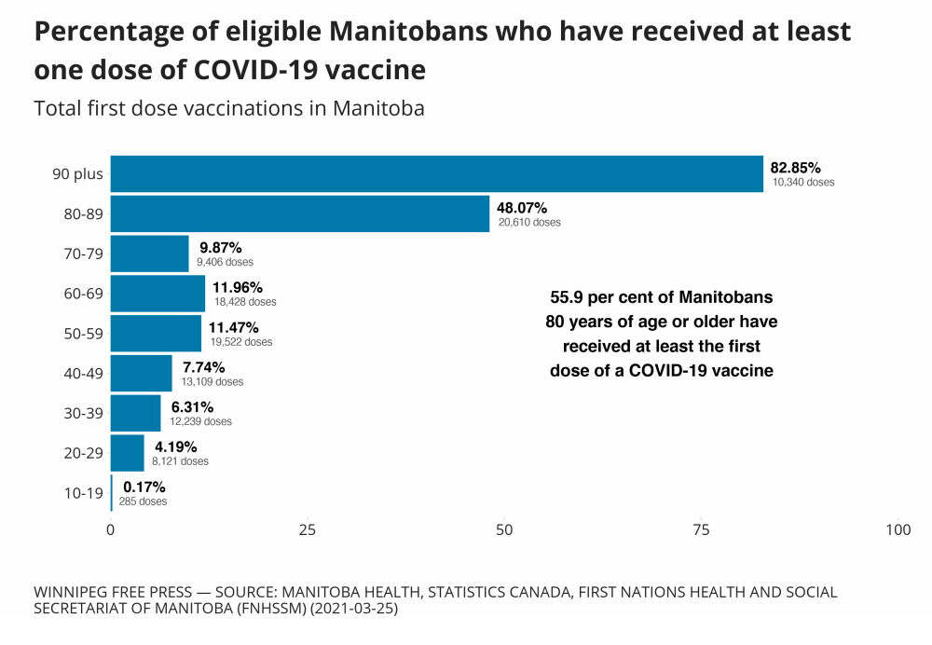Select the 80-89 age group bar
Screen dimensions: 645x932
(299, 214)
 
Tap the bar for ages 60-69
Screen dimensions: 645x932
(158, 294)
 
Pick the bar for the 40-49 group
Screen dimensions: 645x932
(141, 374)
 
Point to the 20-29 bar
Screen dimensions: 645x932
(128, 453)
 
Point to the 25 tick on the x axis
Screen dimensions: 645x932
(308, 530)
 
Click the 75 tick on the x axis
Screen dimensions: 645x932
(701, 530)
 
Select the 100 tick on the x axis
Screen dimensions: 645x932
(898, 530)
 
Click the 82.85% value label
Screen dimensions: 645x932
(795, 168)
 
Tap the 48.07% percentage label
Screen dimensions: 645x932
(522, 208)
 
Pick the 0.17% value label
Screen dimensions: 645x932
(144, 487)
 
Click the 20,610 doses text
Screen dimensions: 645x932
(529, 223)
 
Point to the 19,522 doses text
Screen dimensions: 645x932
(241, 342)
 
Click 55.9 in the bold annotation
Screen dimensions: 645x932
(567, 298)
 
